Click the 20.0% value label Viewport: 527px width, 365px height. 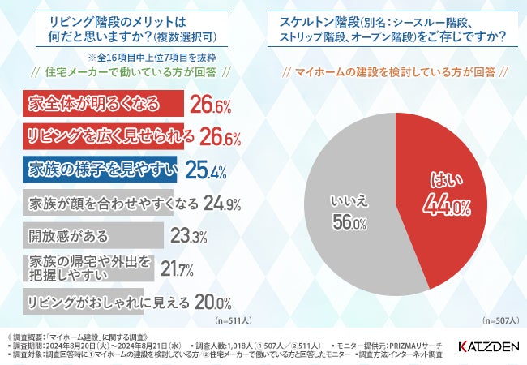[x=213, y=302]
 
